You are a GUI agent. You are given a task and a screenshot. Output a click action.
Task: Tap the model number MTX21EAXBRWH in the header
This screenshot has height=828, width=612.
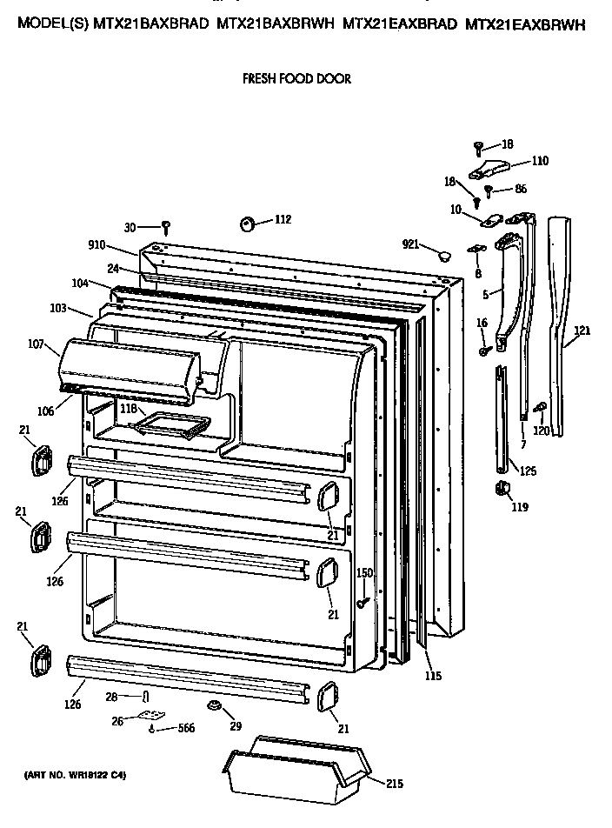(524, 27)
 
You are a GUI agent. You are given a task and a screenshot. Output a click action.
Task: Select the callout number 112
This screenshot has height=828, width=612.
(283, 219)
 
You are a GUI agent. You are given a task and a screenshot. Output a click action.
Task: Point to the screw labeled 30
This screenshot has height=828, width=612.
(164, 228)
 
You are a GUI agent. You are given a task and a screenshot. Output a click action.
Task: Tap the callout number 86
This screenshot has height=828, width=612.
(521, 188)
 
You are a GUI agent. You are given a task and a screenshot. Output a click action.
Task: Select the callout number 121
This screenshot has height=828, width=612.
(582, 330)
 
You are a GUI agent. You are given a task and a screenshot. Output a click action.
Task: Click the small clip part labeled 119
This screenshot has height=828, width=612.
(501, 490)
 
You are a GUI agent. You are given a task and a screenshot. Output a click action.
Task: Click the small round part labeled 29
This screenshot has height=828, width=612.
(213, 704)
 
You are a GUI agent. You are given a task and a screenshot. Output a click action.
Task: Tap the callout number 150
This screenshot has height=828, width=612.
(365, 572)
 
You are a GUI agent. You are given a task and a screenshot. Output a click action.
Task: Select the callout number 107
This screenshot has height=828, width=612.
(36, 344)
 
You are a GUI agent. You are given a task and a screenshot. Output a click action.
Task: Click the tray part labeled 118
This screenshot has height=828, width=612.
(170, 424)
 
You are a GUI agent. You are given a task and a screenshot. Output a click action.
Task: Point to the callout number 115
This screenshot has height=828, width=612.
(432, 677)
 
